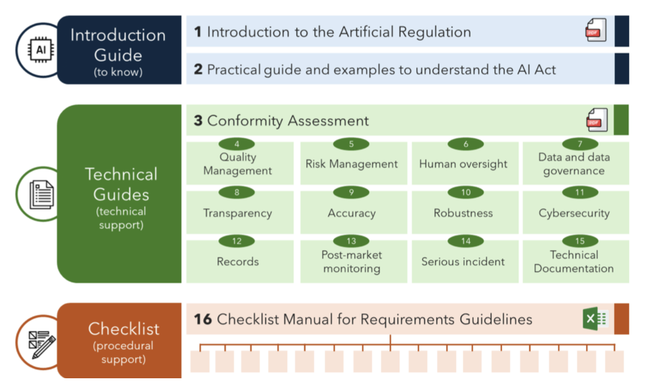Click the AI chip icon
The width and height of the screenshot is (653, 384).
point(41,50)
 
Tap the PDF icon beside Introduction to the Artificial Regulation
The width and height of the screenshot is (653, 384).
point(596,30)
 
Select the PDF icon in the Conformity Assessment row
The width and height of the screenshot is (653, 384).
point(597,120)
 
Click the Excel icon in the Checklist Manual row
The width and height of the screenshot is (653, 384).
point(596,319)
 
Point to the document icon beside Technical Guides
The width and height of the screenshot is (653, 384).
point(42,194)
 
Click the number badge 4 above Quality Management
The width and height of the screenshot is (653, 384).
point(237,144)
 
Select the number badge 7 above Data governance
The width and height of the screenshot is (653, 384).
point(580,144)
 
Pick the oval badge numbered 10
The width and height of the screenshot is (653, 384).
point(466,193)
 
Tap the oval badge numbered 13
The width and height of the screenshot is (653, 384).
point(351,241)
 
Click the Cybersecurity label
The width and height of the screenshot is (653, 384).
point(574,213)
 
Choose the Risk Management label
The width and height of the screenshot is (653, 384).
point(352,164)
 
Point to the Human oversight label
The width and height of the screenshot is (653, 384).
point(463,164)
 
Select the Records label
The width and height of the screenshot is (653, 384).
point(238,261)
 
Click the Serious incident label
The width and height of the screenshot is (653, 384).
point(463,261)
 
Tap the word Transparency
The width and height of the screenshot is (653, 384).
point(237,213)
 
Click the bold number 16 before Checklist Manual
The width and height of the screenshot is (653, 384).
point(203,319)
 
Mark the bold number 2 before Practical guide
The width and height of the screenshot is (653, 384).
point(198,69)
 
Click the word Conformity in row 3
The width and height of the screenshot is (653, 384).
point(245,121)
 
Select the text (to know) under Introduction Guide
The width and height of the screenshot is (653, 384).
point(118,72)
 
